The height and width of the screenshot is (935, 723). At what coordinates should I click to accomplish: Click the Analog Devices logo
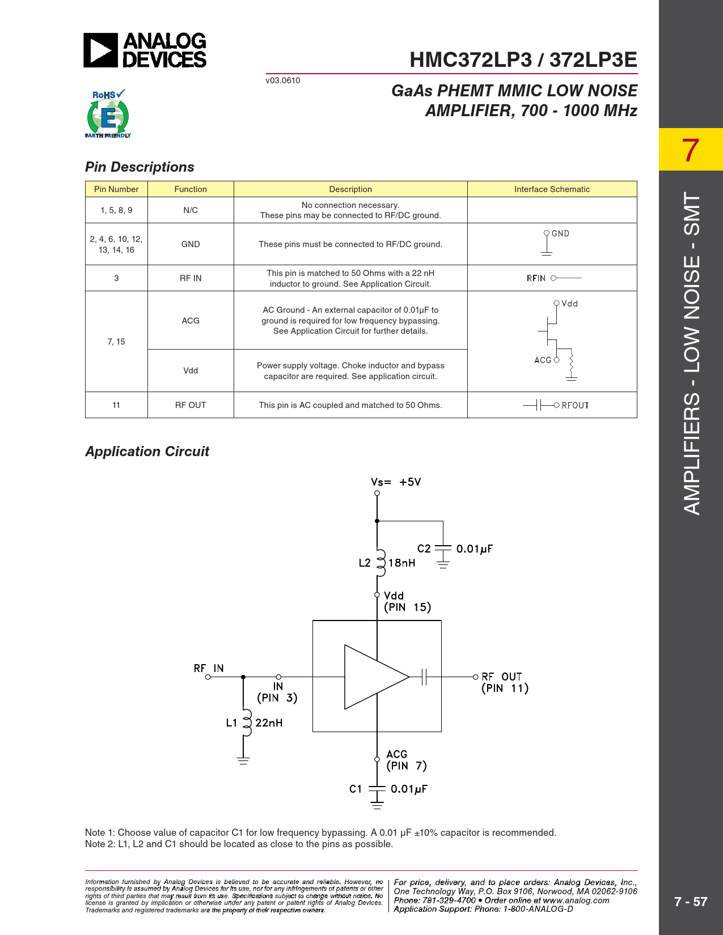145,50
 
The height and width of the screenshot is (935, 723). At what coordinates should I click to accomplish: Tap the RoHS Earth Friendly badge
108,114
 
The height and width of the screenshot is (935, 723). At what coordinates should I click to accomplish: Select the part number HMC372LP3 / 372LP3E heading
523,59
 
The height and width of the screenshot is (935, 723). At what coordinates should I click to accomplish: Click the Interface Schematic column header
552,189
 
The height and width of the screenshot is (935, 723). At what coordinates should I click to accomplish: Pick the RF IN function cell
191,278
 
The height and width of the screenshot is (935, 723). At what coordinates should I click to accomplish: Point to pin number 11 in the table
116,405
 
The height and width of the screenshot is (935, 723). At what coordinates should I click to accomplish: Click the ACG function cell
191,321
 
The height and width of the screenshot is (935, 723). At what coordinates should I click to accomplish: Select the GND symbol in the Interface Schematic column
547,243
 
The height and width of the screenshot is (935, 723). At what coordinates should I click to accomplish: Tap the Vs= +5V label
396,482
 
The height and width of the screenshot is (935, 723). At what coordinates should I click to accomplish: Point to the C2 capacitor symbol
443,549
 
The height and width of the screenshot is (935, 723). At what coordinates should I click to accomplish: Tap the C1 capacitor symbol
377,789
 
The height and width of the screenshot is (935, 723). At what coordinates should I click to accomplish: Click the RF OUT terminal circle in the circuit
475,677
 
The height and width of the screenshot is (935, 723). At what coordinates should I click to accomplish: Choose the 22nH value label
269,723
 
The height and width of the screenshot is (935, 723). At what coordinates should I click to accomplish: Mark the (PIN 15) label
407,607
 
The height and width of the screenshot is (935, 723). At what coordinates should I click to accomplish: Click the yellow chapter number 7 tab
690,150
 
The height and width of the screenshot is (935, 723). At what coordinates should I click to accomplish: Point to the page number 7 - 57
690,902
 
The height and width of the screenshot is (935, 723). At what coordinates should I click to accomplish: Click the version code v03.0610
283,80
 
